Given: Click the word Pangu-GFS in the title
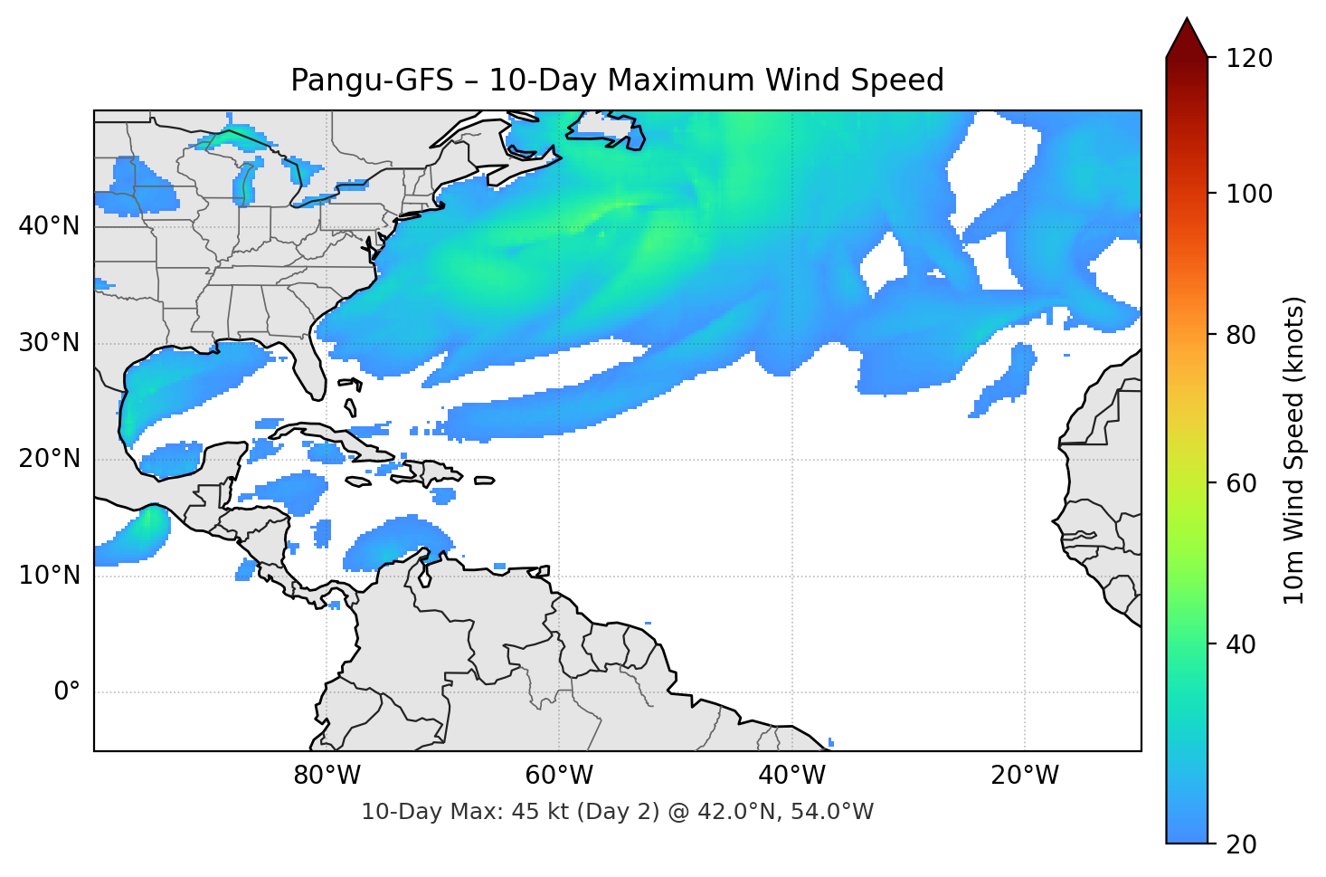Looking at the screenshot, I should pos(371,81).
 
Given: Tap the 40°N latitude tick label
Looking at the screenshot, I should pos(49,226).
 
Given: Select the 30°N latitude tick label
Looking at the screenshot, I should pos(49,343).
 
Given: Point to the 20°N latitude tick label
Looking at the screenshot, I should pos(49,459).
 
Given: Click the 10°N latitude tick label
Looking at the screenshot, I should pos(49,576).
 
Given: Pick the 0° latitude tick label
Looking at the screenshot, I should pos(66,692).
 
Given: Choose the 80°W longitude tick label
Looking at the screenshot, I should pos(327,776).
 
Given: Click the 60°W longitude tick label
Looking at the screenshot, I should pos(559,776).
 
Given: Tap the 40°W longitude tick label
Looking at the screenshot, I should pos(791,776).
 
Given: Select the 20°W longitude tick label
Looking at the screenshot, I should pos(1024,776).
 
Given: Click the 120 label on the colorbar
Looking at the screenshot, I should pos(1248,59).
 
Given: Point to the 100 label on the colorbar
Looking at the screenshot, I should pos(1248,194).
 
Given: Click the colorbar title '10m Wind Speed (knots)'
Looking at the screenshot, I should pos(1294,450).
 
